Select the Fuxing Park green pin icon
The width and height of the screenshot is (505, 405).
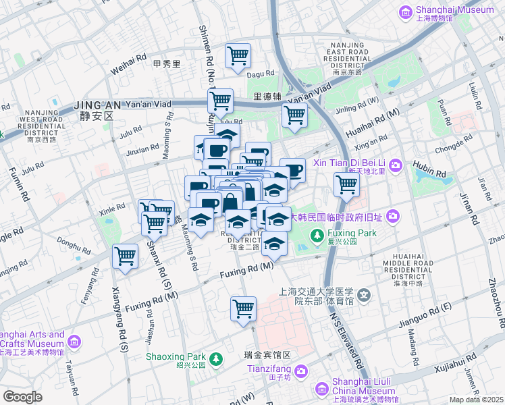point(315,235)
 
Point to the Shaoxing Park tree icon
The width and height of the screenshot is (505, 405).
point(215,359)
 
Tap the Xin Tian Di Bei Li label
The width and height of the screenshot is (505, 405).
point(347,164)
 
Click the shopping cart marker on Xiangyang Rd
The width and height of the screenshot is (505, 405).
point(125,256)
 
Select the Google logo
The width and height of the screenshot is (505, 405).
point(22,397)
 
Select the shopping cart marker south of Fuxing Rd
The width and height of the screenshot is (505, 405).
point(243,309)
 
